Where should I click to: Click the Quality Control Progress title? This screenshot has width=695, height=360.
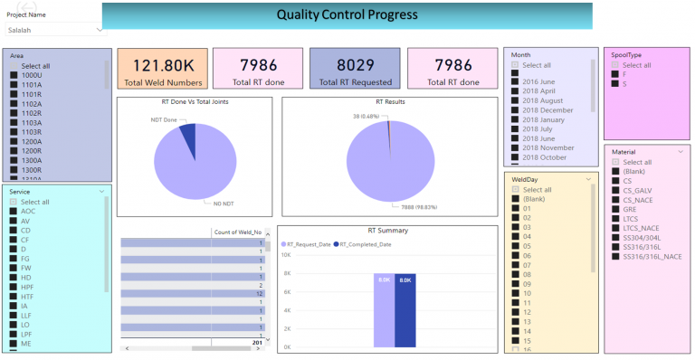click(347, 14)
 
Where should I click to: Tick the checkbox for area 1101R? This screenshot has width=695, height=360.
click(14, 94)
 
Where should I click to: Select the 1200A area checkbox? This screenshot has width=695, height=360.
click(14, 142)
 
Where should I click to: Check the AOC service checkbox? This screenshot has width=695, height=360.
click(14, 211)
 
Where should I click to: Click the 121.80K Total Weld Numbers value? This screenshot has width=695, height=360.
click(162, 65)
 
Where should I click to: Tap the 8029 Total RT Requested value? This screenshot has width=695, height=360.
click(355, 65)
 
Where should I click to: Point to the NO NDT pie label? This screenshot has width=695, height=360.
click(212, 204)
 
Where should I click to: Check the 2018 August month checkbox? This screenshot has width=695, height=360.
click(515, 100)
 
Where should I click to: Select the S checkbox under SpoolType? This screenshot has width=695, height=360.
click(615, 84)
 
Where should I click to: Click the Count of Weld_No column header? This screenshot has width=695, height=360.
click(237, 232)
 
